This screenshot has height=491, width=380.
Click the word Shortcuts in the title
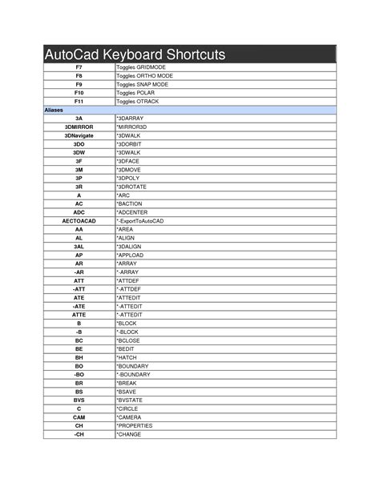(192, 55)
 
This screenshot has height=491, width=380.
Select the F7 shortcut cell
(79, 67)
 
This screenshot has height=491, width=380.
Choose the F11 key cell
(79, 102)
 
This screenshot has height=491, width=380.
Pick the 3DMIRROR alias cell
(79, 127)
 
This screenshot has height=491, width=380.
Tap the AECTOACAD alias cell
(79, 219)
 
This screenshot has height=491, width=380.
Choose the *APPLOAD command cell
(131, 254)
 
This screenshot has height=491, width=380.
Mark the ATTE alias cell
(79, 314)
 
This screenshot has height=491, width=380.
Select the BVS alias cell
(79, 399)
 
